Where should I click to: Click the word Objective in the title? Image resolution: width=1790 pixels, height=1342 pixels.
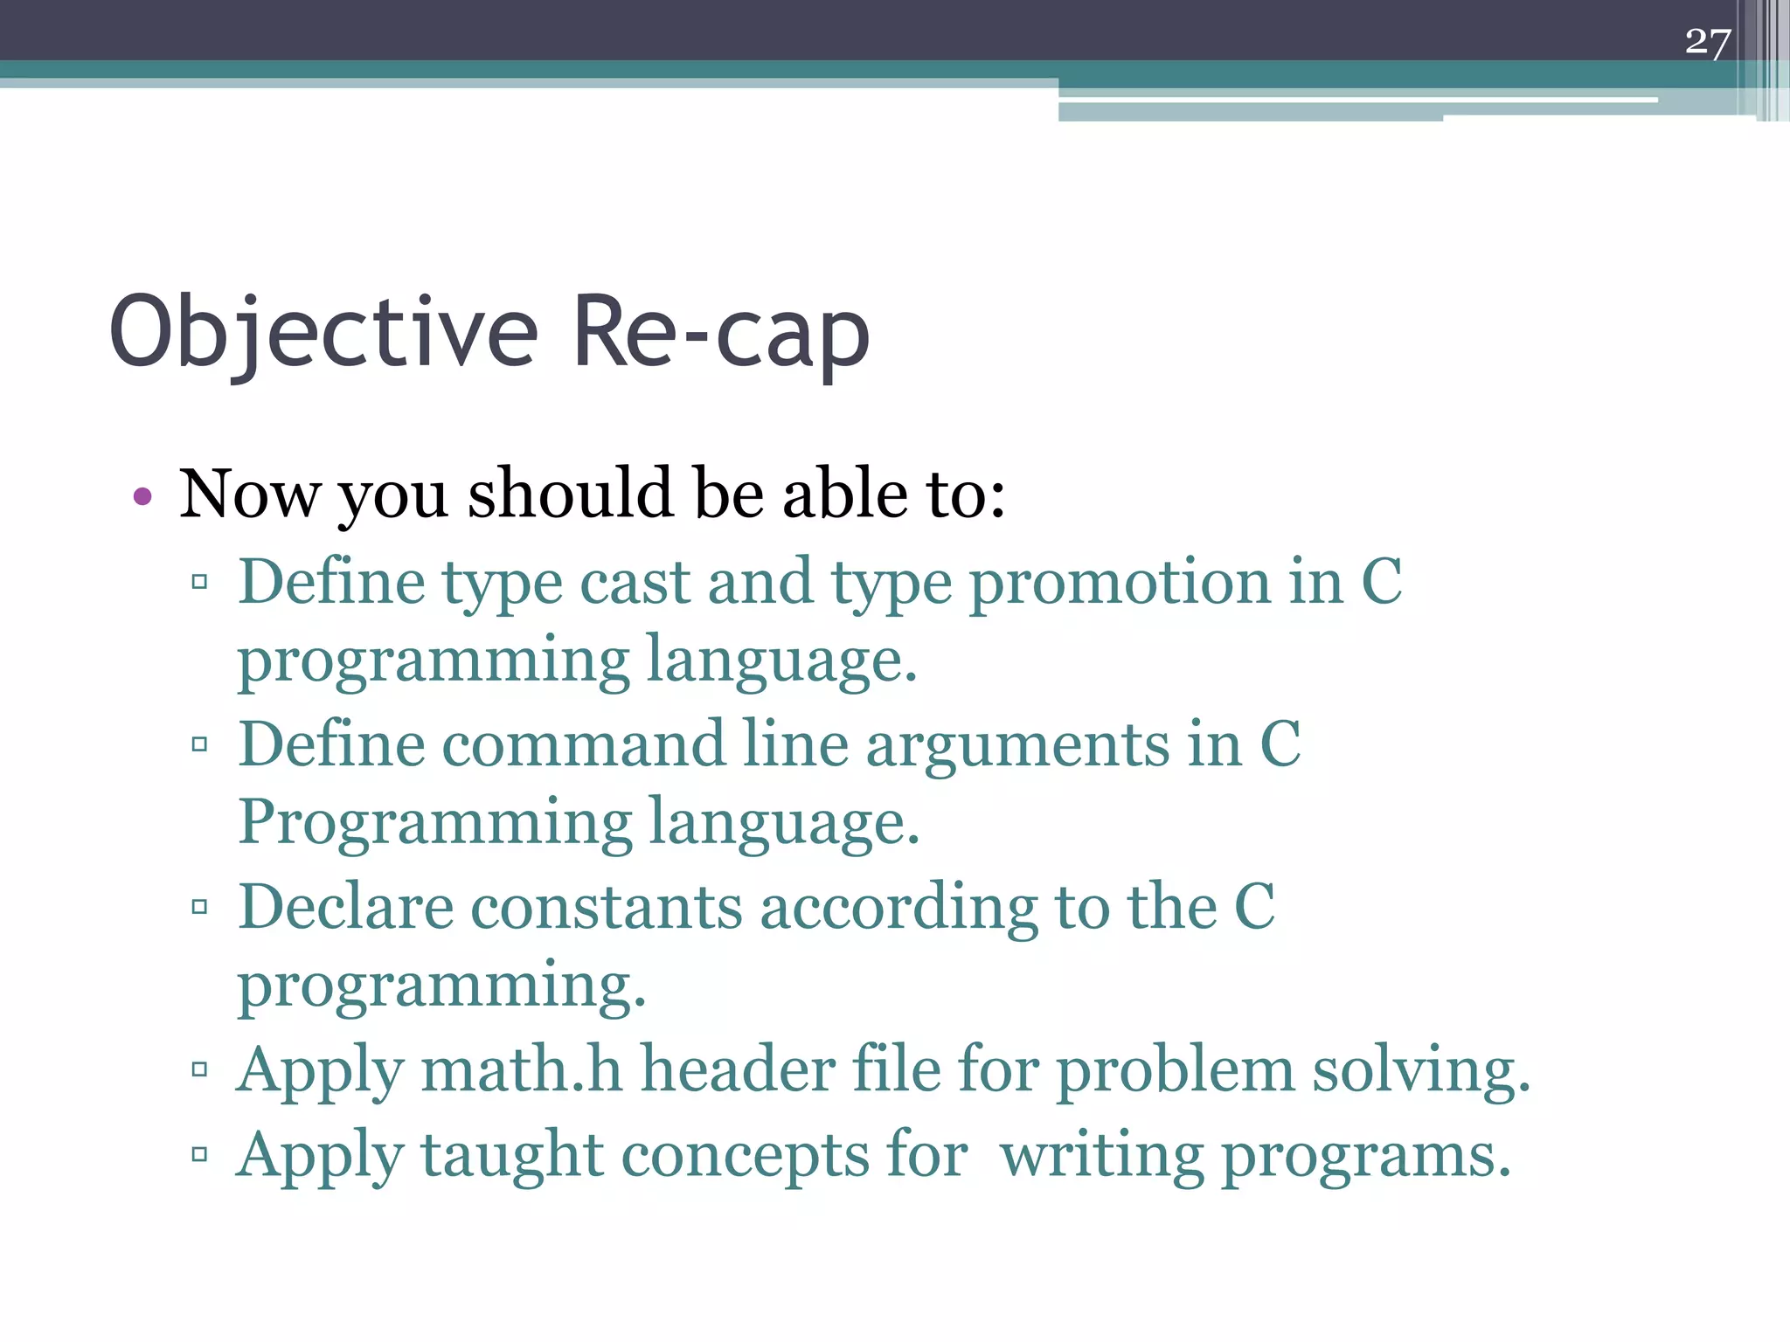click(323, 332)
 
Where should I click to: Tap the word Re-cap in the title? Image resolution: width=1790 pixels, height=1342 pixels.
click(720, 332)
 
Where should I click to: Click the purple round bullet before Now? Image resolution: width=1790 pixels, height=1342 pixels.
click(142, 497)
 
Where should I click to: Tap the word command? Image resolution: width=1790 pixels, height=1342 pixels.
click(583, 745)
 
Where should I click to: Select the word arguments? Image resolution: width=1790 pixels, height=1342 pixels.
click(1017, 745)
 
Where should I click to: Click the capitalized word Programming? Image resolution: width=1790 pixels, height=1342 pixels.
click(434, 823)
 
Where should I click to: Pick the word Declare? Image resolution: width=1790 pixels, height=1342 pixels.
click(345, 907)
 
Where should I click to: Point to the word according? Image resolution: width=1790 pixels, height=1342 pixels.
click(898, 907)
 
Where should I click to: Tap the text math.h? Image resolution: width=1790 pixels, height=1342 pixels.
click(521, 1069)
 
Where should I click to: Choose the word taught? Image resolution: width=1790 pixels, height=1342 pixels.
click(512, 1155)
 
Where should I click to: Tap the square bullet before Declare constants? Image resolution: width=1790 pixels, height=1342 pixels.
click(199, 907)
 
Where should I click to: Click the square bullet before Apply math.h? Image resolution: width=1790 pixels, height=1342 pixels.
click(199, 1069)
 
